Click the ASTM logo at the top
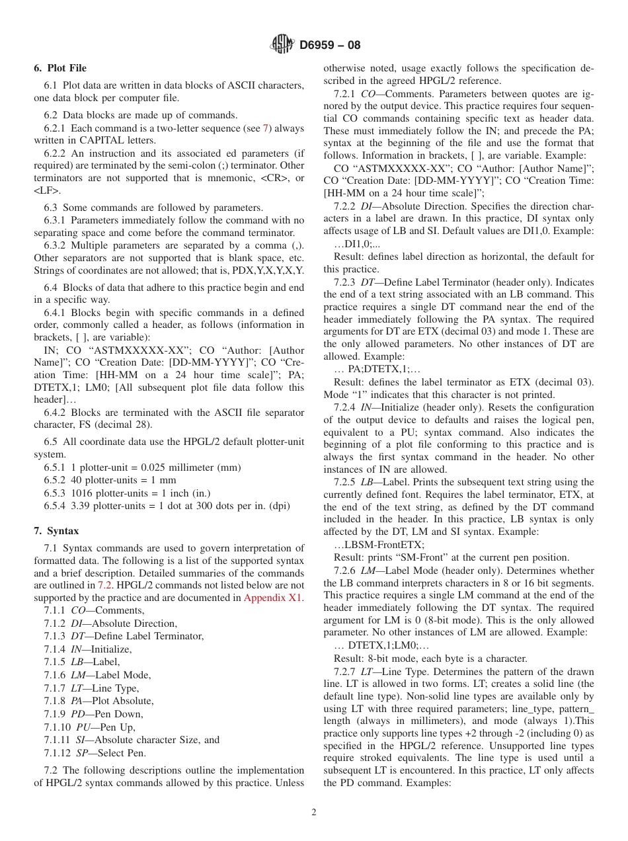pyautogui.click(x=282, y=45)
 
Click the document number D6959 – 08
pyautogui.click(x=330, y=46)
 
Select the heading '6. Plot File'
pyautogui.click(x=60, y=68)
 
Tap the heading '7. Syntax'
pyautogui.click(x=56, y=531)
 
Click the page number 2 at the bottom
pyautogui.click(x=314, y=813)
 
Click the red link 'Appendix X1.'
pyautogui.click(x=274, y=598)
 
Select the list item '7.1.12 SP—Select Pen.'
pyautogui.click(x=95, y=752)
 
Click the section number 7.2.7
pyautogui.click(x=346, y=671)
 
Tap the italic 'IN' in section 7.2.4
pyautogui.click(x=366, y=407)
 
